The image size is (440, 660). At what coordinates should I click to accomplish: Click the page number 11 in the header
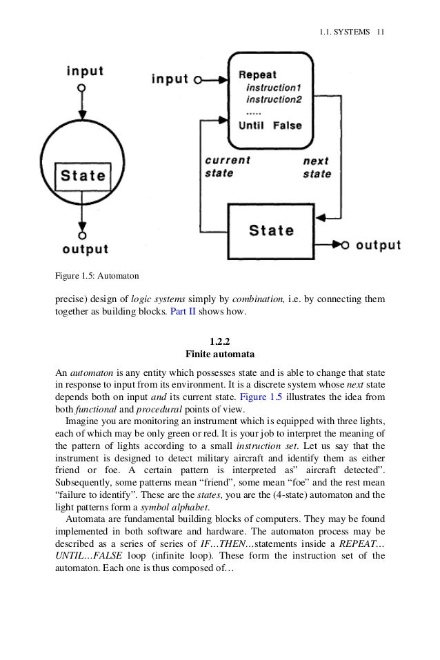pyautogui.click(x=380, y=32)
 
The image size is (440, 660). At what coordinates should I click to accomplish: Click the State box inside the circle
pyautogui.click(x=83, y=175)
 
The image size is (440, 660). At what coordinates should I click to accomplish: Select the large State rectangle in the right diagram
pyautogui.click(x=271, y=230)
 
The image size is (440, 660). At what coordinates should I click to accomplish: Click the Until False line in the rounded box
pyautogui.click(x=270, y=126)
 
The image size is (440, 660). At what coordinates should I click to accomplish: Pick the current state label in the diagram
pyautogui.click(x=228, y=166)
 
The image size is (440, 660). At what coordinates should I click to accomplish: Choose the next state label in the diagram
pyautogui.click(x=317, y=167)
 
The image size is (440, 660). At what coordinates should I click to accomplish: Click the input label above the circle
pyautogui.click(x=86, y=71)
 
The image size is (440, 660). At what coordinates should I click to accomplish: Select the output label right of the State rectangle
pyautogui.click(x=379, y=244)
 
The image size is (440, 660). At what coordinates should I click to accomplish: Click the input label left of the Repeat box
pyautogui.click(x=170, y=79)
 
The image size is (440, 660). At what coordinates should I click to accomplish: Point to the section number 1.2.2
pyautogui.click(x=220, y=341)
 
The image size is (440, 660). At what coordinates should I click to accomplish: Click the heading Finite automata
pyautogui.click(x=220, y=354)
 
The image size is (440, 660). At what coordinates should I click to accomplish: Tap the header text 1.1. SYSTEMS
pyautogui.click(x=345, y=32)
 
